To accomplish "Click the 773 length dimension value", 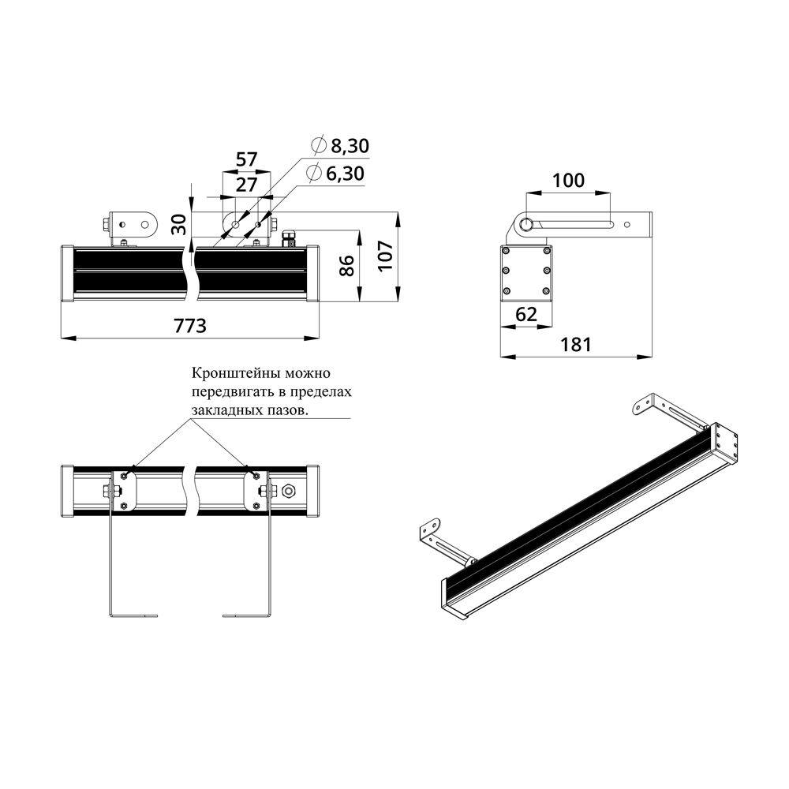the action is pyautogui.click(x=190, y=326).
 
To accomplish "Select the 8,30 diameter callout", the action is pyautogui.click(x=341, y=145).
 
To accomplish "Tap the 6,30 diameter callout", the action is pyautogui.click(x=335, y=173).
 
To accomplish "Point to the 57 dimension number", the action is pyautogui.click(x=246, y=159).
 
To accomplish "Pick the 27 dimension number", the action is pyautogui.click(x=246, y=185).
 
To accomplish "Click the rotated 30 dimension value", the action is pyautogui.click(x=179, y=224).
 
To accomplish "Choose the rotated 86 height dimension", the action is pyautogui.click(x=346, y=266).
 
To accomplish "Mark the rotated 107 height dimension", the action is pyautogui.click(x=386, y=256).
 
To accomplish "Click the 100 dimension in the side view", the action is pyautogui.click(x=569, y=180).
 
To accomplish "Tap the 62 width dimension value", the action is pyautogui.click(x=526, y=314).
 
